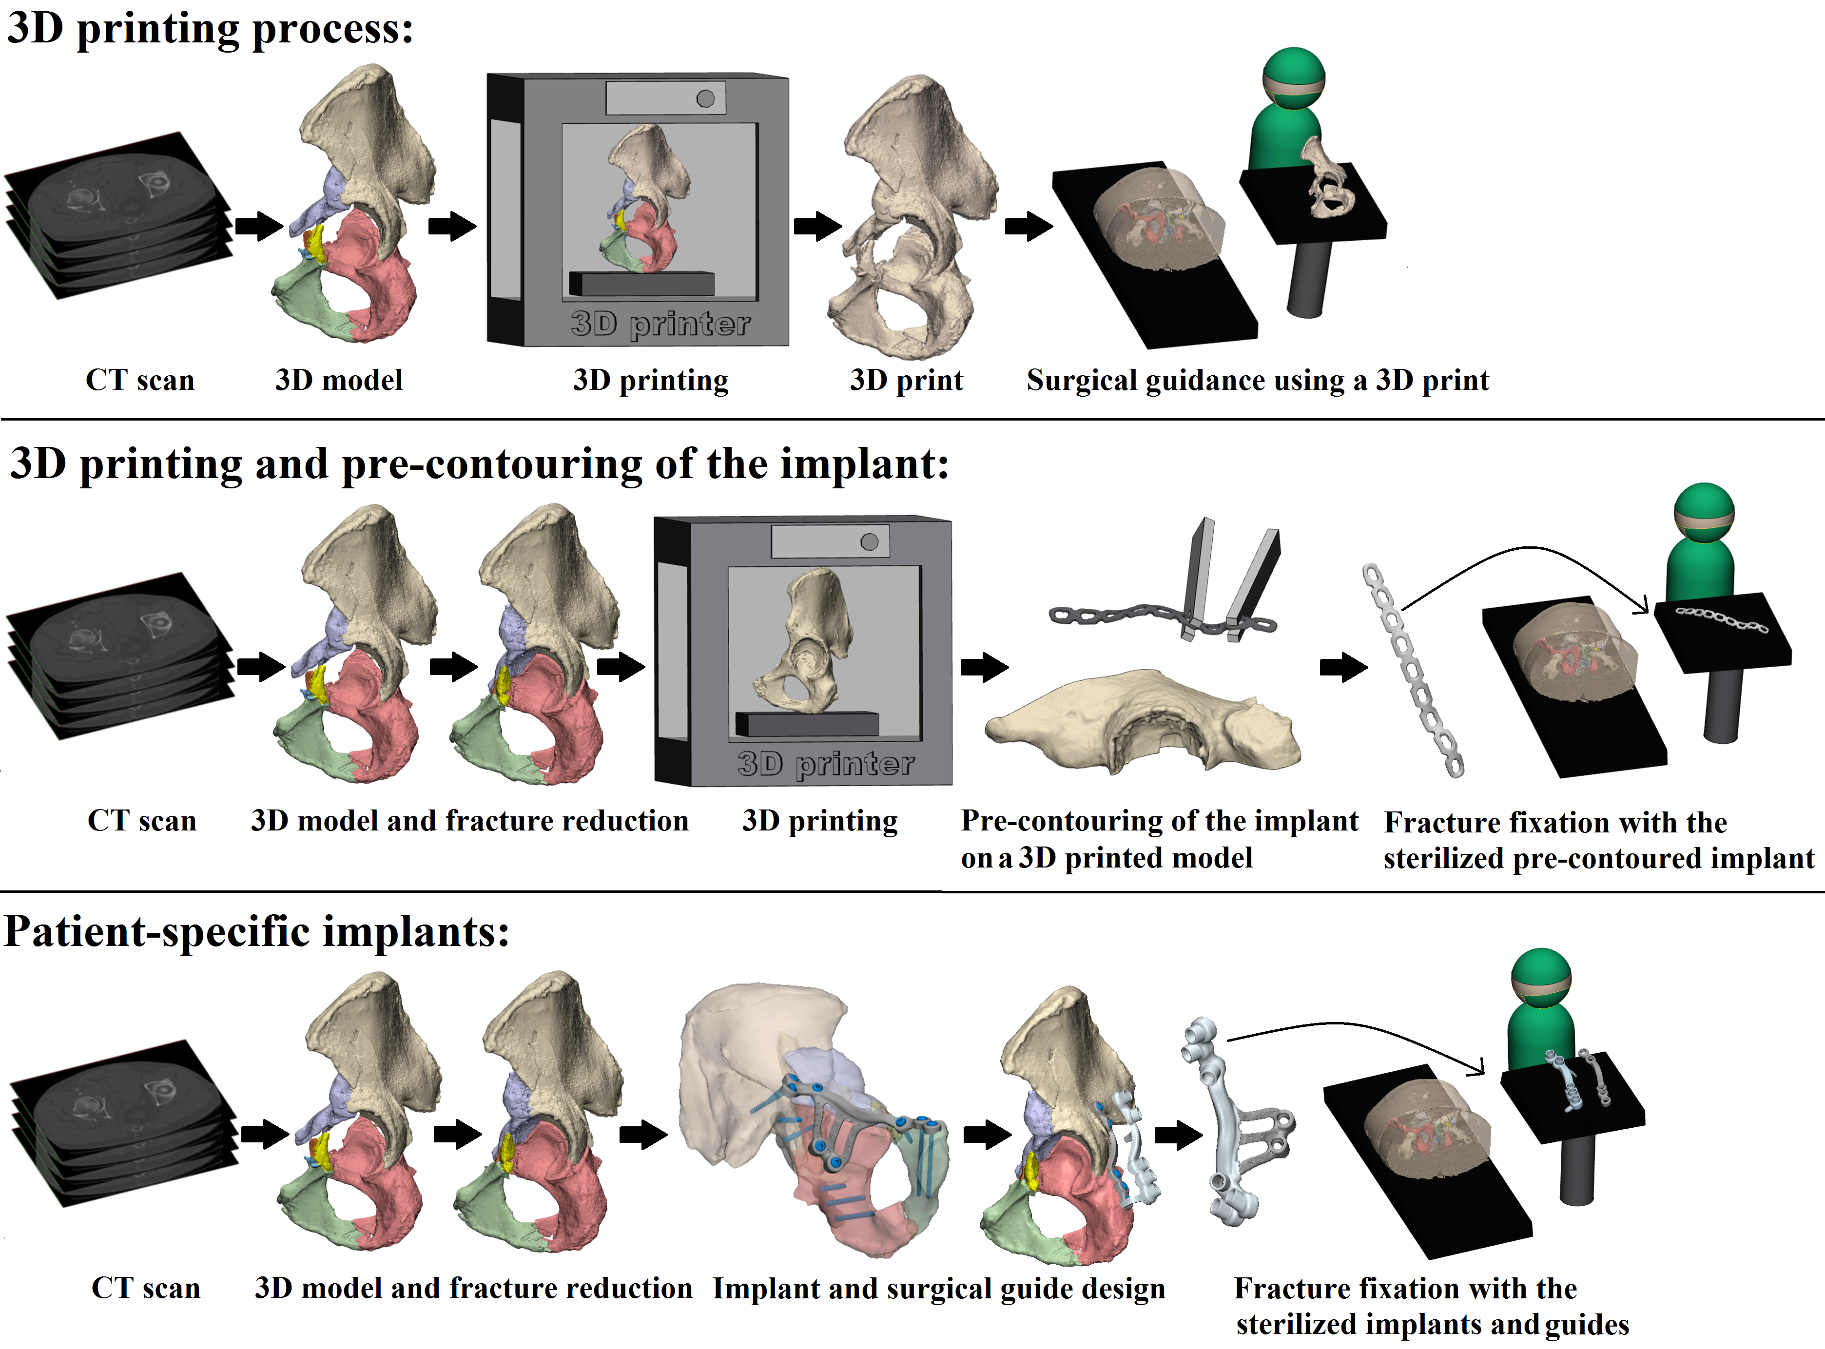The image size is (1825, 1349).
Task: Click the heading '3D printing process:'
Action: coord(211,29)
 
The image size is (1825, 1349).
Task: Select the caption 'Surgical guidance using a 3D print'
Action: coord(1258,381)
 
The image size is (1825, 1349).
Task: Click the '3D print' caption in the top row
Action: coord(906,381)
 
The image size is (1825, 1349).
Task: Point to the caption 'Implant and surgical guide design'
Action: coord(939,1289)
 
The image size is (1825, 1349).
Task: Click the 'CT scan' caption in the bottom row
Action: coord(145,1288)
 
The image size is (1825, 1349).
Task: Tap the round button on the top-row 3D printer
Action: coord(705,99)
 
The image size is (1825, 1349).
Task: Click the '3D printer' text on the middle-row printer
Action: coord(826,764)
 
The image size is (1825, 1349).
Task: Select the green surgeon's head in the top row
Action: coord(1293,77)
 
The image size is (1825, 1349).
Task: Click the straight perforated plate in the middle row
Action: coord(1412,670)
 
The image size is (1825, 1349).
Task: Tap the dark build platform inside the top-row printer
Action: coord(642,283)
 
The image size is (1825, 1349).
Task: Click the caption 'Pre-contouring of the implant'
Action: coord(1160,821)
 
